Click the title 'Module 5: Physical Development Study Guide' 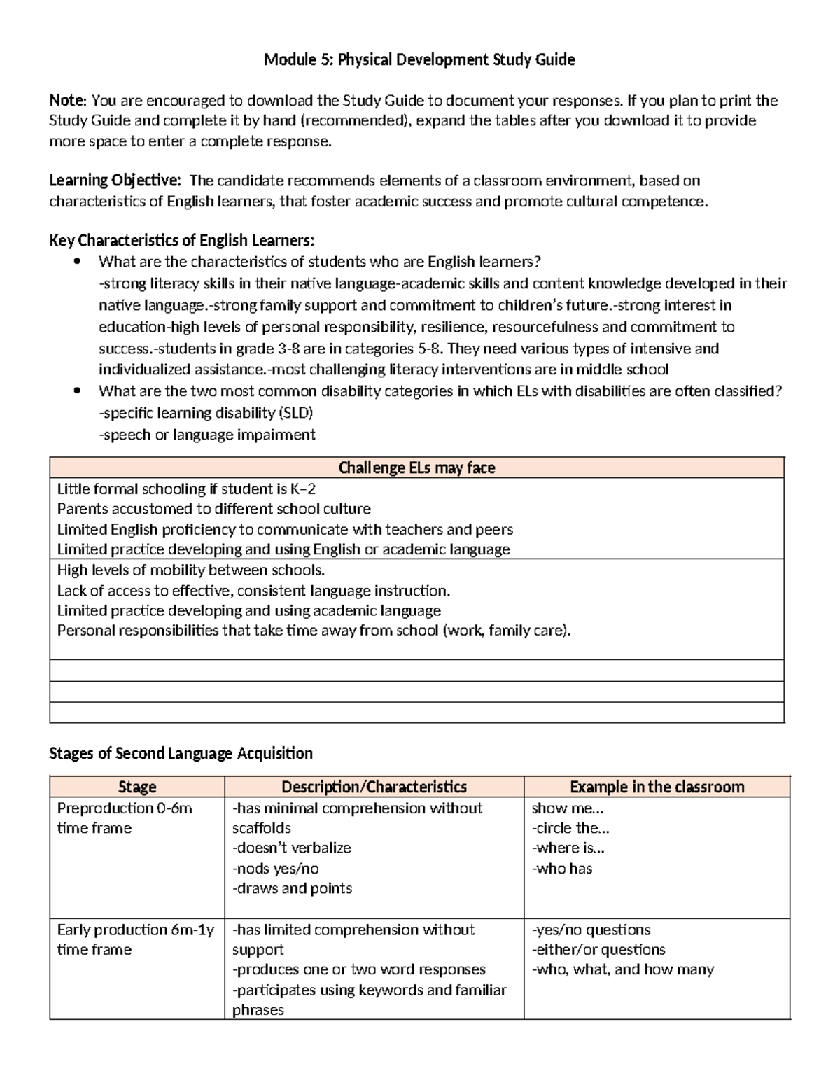pyautogui.click(x=419, y=60)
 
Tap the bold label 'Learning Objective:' pyautogui.click(x=115, y=181)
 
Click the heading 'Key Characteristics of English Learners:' pyautogui.click(x=182, y=241)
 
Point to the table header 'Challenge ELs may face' pyautogui.click(x=416, y=468)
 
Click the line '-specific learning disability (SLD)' pyautogui.click(x=206, y=413)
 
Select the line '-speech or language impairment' pyautogui.click(x=207, y=435)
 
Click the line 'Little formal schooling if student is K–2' pyautogui.click(x=186, y=489)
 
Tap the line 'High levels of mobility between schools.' pyautogui.click(x=191, y=570)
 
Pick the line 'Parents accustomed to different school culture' pyautogui.click(x=213, y=509)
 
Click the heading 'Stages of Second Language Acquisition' pyautogui.click(x=181, y=753)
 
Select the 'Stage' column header pyautogui.click(x=137, y=787)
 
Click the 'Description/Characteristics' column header pyautogui.click(x=374, y=787)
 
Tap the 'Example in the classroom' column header pyautogui.click(x=657, y=787)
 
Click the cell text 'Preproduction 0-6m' pyautogui.click(x=125, y=808)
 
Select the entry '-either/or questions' pyautogui.click(x=598, y=950)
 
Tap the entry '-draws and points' pyautogui.click(x=293, y=888)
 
